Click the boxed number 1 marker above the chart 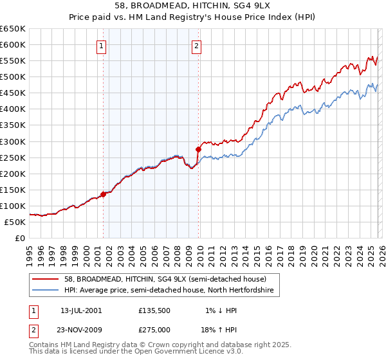(x=102, y=46)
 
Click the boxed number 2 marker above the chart (x=196, y=46)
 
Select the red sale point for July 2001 (x=103, y=194)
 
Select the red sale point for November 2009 (x=198, y=149)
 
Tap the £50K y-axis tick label (x=15, y=222)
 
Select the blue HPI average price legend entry (x=169, y=291)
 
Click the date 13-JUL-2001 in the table (x=80, y=310)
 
